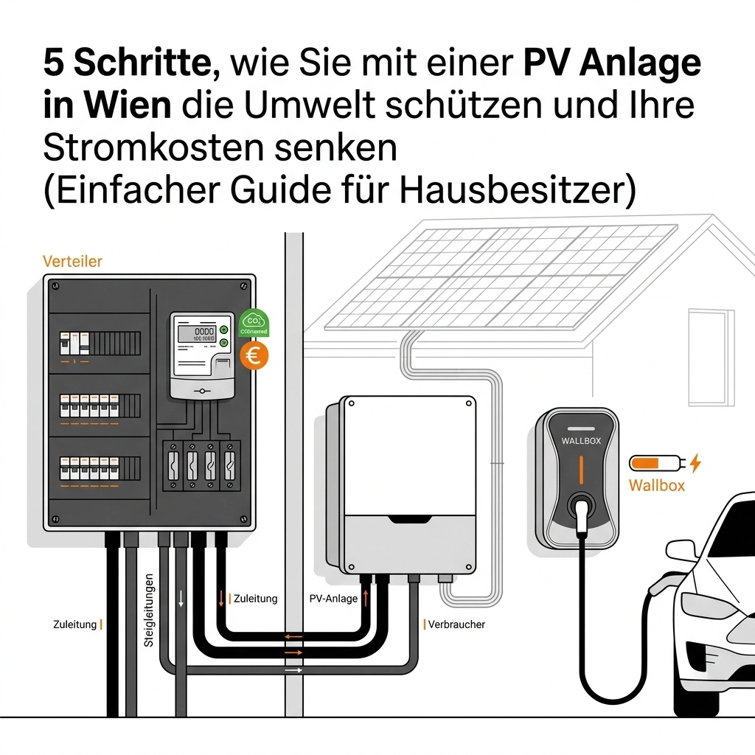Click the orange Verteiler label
[72, 261]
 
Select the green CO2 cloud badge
[254, 323]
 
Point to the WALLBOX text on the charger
[582, 441]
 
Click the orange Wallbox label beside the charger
[656, 485]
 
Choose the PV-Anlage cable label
[332, 599]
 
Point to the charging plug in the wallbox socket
[581, 509]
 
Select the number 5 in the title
[54, 63]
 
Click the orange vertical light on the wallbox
[581, 470]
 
